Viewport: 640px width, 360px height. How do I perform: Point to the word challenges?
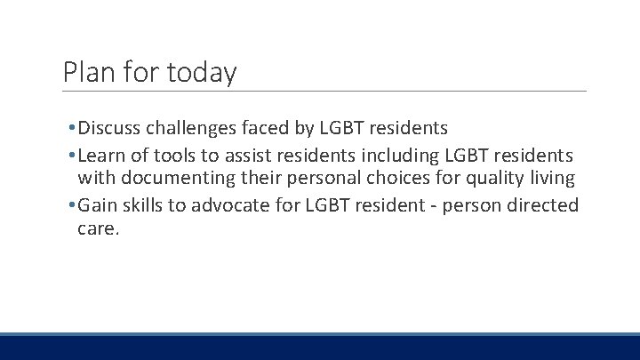click(x=194, y=128)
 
